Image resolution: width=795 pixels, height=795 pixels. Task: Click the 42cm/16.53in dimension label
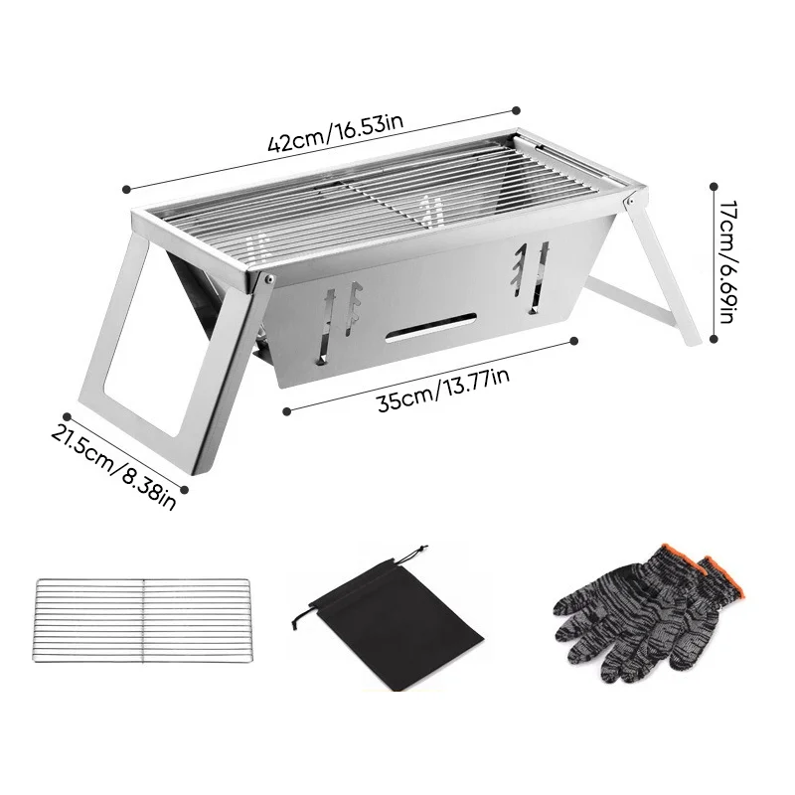pyautogui.click(x=336, y=134)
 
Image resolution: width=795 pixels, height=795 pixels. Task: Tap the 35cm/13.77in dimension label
pyautogui.click(x=444, y=389)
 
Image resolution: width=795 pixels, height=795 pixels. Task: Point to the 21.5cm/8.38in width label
pyautogui.click(x=113, y=462)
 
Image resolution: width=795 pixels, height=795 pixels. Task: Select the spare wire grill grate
pyautogui.click(x=142, y=620)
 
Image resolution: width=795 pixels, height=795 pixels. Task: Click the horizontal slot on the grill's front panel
pyautogui.click(x=431, y=328)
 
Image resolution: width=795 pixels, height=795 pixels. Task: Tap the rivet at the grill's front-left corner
pyautogui.click(x=268, y=278)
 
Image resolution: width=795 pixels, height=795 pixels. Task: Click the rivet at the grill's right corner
pyautogui.click(x=630, y=202)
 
